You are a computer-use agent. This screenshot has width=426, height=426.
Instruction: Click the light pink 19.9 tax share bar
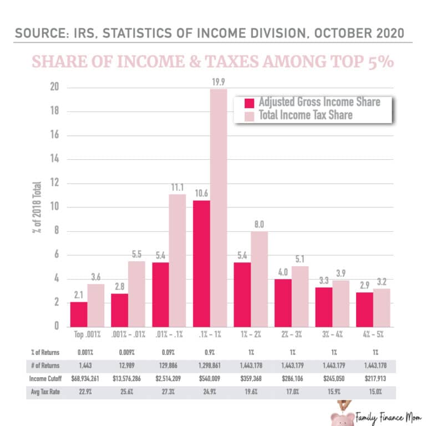(x=219, y=207)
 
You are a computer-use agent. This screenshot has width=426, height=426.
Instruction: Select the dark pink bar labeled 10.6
(x=201, y=263)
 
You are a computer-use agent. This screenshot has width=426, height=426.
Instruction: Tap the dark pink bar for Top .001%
(x=78, y=314)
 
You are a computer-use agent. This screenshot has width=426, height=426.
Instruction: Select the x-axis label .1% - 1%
(x=210, y=336)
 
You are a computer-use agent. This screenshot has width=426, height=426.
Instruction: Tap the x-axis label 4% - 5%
(x=373, y=336)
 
